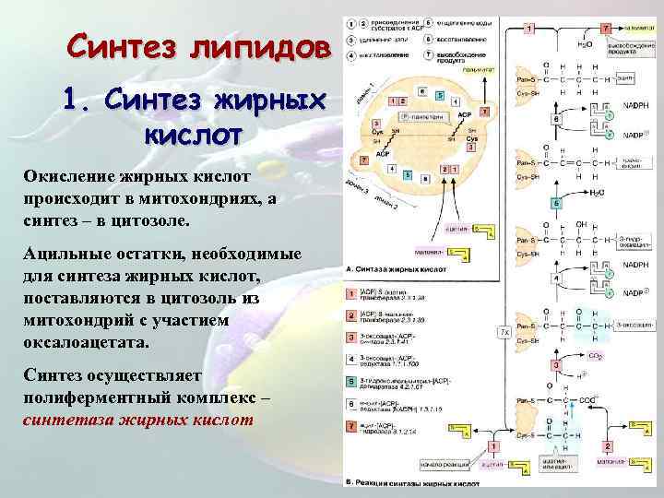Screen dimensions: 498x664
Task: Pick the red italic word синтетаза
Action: [x=69, y=420]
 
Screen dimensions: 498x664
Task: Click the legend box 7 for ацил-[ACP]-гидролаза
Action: [x=350, y=426]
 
